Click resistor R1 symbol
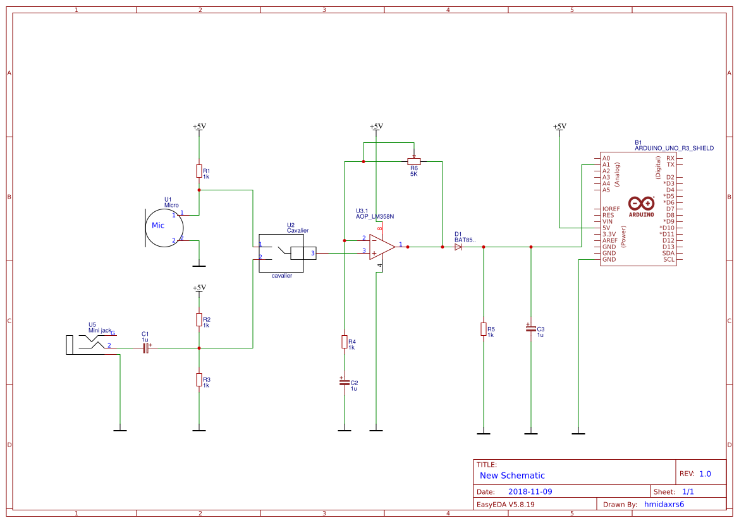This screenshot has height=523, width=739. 199,171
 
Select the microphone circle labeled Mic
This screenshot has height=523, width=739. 164,227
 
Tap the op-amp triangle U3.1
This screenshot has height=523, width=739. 382,247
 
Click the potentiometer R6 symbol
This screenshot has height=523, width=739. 414,161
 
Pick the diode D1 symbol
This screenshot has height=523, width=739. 458,247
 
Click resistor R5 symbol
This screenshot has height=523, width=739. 484,329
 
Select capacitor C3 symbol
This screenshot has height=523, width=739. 530,328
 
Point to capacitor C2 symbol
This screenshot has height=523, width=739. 345,382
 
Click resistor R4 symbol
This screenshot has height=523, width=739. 345,342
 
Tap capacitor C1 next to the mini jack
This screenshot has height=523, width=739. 145,348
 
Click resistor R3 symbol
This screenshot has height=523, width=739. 199,379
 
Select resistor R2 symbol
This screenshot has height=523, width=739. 199,319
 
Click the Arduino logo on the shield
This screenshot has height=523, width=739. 642,204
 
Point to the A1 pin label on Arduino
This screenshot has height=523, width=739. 606,164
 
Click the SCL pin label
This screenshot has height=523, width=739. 668,259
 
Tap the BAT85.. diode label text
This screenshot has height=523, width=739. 465,240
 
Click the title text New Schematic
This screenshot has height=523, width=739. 512,476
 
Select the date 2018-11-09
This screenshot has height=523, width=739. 530,491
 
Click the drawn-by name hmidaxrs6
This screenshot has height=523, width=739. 664,505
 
